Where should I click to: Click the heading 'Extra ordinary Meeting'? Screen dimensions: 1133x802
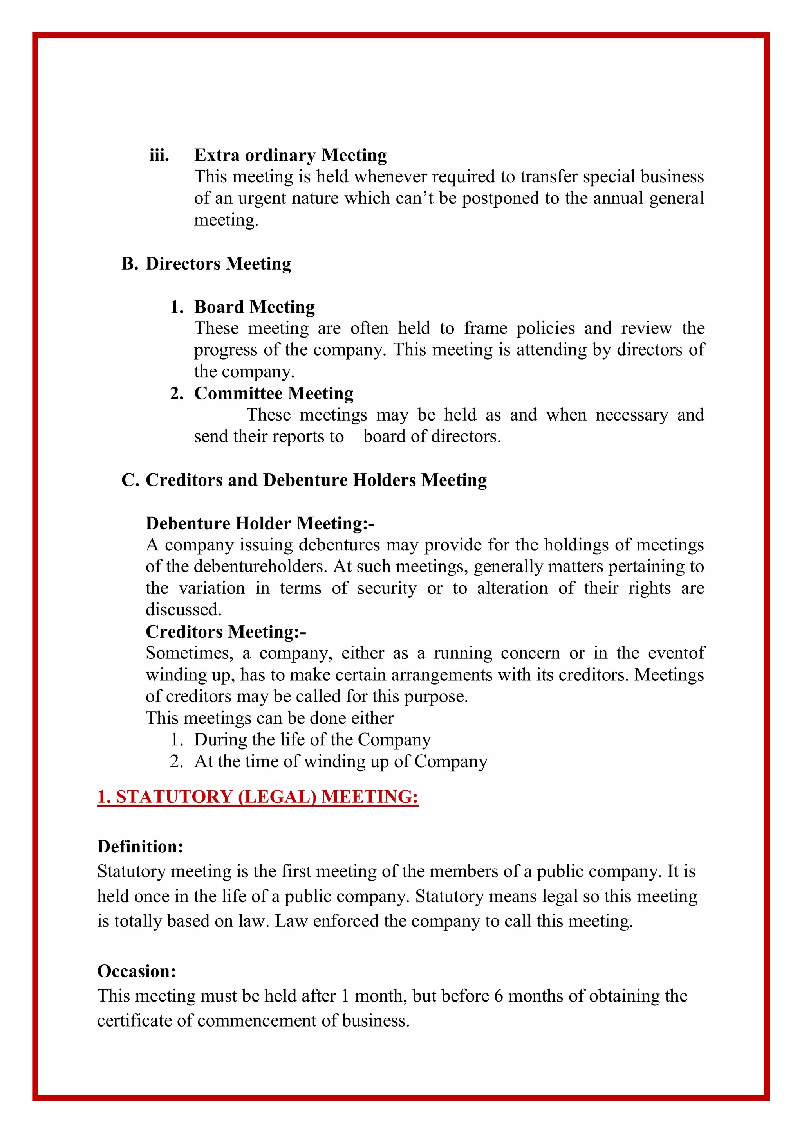(291, 155)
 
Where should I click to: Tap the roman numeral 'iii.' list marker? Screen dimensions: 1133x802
(159, 155)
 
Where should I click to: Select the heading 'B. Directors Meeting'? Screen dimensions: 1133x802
(206, 264)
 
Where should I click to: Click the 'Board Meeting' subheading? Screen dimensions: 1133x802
(254, 307)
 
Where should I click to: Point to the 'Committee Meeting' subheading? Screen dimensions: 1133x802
(274, 393)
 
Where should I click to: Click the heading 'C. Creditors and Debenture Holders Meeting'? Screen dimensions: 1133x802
(304, 480)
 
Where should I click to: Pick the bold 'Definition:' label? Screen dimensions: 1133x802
(140, 847)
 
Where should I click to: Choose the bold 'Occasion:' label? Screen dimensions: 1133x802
(136, 971)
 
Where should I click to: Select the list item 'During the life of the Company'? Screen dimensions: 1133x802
(312, 740)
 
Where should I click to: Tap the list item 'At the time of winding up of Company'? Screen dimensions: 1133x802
(341, 761)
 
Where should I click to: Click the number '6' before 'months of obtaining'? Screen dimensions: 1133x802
(498, 996)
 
